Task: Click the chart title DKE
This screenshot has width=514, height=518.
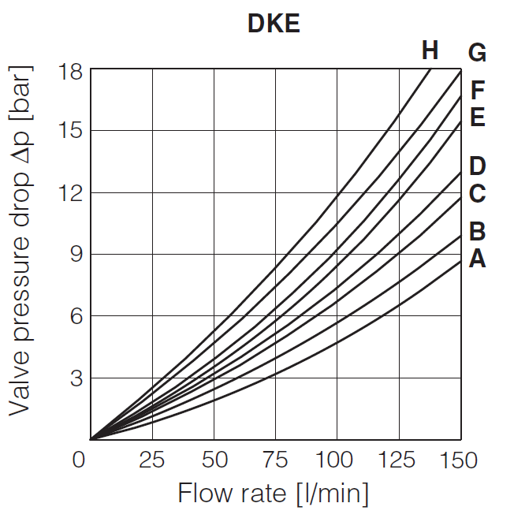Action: tap(274, 24)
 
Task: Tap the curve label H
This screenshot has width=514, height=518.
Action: tap(430, 52)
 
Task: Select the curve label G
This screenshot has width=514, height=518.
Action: tap(477, 54)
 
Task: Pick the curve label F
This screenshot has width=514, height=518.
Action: tap(477, 90)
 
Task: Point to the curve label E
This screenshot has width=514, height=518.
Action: tap(477, 117)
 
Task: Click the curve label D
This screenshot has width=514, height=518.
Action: tap(477, 166)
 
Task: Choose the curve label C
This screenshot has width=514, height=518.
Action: tap(477, 194)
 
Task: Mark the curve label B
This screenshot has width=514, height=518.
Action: tap(477, 232)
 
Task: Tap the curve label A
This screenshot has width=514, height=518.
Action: tap(477, 258)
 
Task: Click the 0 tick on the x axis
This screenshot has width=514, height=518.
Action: tap(79, 460)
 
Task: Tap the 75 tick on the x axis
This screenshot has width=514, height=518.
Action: tap(275, 460)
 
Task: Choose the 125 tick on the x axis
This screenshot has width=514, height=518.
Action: tap(398, 460)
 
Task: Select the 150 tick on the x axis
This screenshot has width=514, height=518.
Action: tap(460, 460)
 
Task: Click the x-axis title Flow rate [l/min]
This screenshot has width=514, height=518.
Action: tap(274, 494)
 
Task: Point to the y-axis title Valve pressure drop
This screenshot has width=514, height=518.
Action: tap(21, 254)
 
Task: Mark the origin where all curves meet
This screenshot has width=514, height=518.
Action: tap(91, 439)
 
